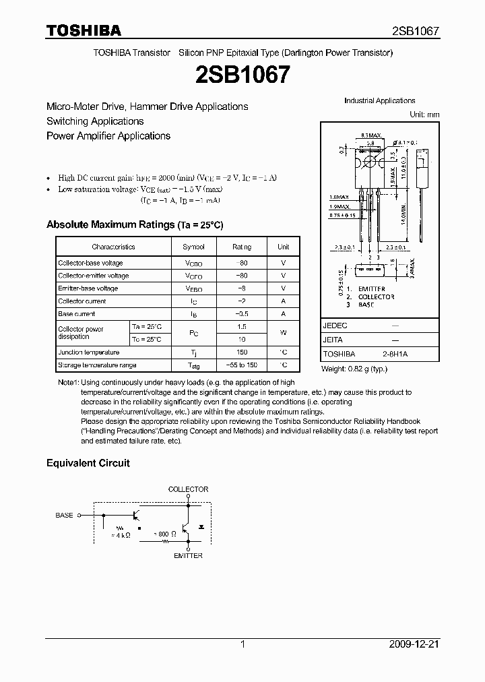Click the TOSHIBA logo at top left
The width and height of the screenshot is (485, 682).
pos(83,30)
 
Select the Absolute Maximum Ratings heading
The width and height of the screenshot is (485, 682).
pos(134,224)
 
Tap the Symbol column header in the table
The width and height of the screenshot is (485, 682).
pos(193,247)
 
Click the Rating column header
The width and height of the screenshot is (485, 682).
pos(242,247)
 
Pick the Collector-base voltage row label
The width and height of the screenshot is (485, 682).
pos(90,263)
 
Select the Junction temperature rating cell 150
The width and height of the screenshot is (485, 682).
pos(242,352)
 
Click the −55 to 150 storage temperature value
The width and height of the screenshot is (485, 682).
pos(242,365)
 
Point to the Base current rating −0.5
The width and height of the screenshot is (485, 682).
pos(242,314)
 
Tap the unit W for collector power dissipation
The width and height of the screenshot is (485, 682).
pos(283,333)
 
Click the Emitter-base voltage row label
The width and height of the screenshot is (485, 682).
pos(88,288)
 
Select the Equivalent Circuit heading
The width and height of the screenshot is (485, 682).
pos(88,464)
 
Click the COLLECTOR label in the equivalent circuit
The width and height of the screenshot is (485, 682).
pos(188,489)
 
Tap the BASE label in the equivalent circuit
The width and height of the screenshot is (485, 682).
pos(65,516)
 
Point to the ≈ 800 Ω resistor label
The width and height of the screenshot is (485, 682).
pos(164,534)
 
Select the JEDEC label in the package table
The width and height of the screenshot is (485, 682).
pos(335,325)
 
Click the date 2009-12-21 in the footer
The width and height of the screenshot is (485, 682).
pos(414,644)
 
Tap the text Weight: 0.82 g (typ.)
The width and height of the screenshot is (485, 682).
pos(355,369)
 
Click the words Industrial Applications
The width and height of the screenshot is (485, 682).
pos(379,101)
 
